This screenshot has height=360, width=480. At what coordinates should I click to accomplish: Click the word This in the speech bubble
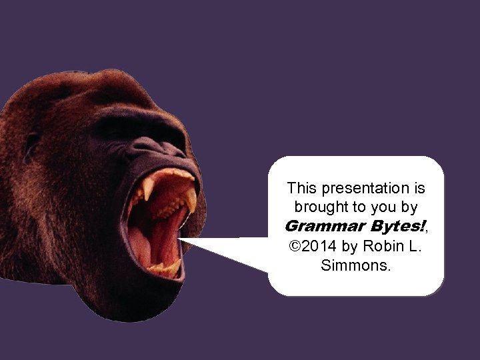(301, 189)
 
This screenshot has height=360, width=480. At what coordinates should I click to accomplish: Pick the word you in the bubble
(383, 208)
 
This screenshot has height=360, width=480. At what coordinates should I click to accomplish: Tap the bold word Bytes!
(389, 227)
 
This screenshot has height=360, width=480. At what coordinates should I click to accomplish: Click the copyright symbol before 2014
(295, 246)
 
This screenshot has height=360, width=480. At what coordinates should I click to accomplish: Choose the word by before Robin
(350, 246)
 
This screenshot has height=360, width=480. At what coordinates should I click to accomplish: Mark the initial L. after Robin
(415, 246)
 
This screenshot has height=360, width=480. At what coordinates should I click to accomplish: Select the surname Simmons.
(356, 265)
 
